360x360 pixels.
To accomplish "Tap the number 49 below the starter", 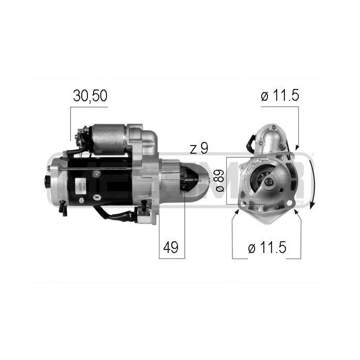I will click(x=171, y=247).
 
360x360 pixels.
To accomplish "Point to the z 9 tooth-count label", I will click(x=199, y=149).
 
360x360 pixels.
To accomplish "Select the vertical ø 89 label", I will click(x=220, y=182).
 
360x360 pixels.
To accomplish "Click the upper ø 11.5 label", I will click(x=280, y=96).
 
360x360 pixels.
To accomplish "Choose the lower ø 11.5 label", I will click(x=267, y=248).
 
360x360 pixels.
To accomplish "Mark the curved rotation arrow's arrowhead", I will click(x=313, y=206).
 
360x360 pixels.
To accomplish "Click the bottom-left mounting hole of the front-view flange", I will click(x=243, y=207).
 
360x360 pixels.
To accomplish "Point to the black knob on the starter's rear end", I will click(x=47, y=181).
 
